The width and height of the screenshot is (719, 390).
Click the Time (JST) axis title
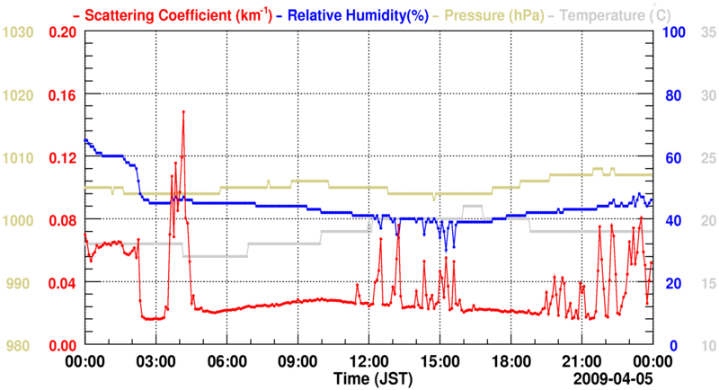(x=368, y=377)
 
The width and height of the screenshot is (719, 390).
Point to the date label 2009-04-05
(x=615, y=377)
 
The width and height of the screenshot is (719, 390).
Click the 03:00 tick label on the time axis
(x=155, y=360)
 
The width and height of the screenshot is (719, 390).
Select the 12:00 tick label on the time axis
(x=368, y=360)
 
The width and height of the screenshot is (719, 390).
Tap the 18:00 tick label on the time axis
(x=510, y=360)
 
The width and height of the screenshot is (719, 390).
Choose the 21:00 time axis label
(x=581, y=360)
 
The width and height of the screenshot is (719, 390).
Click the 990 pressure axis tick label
(x=22, y=283)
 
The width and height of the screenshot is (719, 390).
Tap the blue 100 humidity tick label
(x=674, y=32)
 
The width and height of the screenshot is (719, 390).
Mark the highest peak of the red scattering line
(x=183, y=111)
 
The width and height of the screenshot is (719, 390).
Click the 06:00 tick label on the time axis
(x=226, y=360)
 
